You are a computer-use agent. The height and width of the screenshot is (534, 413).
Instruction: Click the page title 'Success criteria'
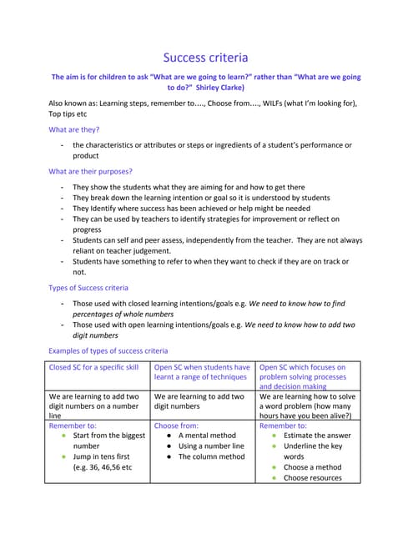pos(205,58)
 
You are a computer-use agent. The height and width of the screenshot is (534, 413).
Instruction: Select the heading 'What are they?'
pos(74,129)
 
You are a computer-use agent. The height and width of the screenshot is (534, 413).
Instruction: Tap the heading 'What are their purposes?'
pos(90,172)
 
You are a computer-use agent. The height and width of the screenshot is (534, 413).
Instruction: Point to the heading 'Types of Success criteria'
pos(88,288)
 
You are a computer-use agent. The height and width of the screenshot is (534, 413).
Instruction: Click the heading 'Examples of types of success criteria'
pos(108,350)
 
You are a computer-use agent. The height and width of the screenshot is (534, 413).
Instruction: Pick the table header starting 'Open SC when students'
pos(202,372)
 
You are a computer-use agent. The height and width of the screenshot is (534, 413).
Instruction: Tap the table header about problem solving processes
pos(310,377)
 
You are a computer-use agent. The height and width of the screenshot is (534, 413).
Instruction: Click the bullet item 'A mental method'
pos(207,436)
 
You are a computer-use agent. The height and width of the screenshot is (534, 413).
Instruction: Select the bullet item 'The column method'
pos(212,456)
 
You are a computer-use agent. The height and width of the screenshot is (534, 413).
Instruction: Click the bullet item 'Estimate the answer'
pos(317,436)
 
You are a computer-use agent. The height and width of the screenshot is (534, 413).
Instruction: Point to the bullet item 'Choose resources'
pos(313,478)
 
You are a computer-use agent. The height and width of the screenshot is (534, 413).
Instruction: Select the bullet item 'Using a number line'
pos(211,446)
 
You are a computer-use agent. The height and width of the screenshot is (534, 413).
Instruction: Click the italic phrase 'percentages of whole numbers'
pos(123,314)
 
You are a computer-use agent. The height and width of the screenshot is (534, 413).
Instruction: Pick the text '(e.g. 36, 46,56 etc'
pos(103,467)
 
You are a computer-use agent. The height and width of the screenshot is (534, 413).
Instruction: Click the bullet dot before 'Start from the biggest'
pos(63,436)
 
